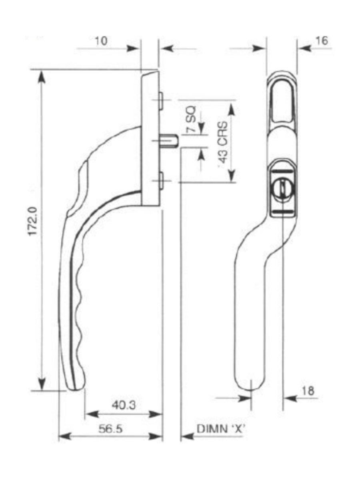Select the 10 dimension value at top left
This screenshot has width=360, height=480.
click(101, 41)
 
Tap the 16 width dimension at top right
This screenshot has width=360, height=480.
click(322, 41)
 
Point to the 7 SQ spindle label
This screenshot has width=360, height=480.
click(191, 119)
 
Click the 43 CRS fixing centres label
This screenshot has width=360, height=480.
click(224, 142)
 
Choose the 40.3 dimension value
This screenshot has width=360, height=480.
click(123, 405)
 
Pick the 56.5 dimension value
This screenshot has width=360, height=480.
click(110, 428)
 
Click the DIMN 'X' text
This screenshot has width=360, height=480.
click(221, 428)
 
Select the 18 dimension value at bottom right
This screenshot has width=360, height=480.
click(308, 391)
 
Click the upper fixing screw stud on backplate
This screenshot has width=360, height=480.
click(160, 100)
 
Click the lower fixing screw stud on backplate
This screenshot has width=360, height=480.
click(160, 180)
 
